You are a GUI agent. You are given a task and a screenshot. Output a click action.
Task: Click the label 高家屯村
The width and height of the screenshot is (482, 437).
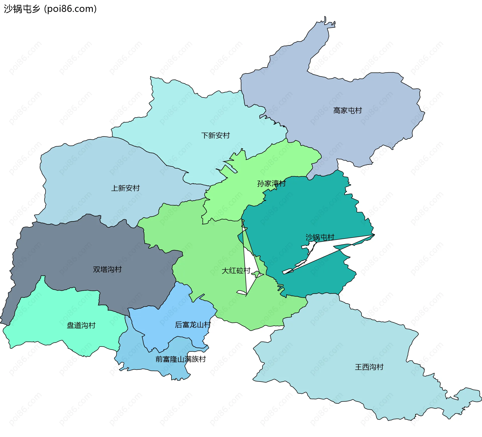coord(347,110)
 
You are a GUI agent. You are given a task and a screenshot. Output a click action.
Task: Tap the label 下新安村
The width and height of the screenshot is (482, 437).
coord(215,135)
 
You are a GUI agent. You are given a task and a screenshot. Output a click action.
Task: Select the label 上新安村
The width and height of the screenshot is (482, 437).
coord(125,188)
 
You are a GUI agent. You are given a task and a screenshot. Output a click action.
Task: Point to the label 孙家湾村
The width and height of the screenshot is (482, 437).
coord(271,184)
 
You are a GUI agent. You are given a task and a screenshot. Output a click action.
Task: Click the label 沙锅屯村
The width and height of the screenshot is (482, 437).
coord(320,237)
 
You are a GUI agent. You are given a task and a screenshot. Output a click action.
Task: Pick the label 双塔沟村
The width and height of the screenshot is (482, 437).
coord(107,269)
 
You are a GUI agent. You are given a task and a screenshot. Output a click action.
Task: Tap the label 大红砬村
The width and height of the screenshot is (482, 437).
coord(236,271)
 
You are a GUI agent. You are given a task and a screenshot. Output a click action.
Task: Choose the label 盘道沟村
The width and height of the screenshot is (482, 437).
coord(81,325)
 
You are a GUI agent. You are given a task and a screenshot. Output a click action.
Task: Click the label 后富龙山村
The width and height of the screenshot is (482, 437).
coord(193,325)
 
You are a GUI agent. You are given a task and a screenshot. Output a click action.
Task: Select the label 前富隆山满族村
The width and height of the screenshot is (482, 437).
coord(180,359)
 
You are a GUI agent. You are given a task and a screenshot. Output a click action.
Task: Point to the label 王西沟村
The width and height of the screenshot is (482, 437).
coord(369,367)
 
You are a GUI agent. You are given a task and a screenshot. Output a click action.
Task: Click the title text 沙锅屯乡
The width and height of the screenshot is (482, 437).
coord(22,9)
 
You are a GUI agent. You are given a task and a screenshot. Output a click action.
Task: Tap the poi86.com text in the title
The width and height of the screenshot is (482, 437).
coord(70,9)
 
